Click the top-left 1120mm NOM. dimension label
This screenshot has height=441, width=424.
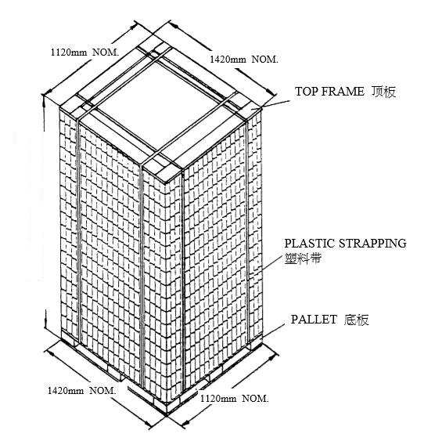(x=84, y=52)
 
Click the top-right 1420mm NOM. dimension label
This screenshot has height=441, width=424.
(x=244, y=59)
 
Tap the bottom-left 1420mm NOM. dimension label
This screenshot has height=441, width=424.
(x=81, y=390)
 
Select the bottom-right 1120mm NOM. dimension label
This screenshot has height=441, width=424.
(x=234, y=398)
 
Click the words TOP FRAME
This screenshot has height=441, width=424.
(x=329, y=92)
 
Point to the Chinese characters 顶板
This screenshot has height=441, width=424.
(x=383, y=92)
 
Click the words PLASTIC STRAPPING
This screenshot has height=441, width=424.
(x=345, y=244)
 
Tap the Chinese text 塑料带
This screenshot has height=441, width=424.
(x=303, y=258)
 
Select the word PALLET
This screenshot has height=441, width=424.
(x=314, y=320)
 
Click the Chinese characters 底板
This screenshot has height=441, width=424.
(x=356, y=320)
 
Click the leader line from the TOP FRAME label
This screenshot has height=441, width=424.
(x=270, y=105)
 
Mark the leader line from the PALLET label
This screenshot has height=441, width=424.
(x=273, y=331)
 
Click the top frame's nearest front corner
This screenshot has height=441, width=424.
(x=166, y=183)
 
